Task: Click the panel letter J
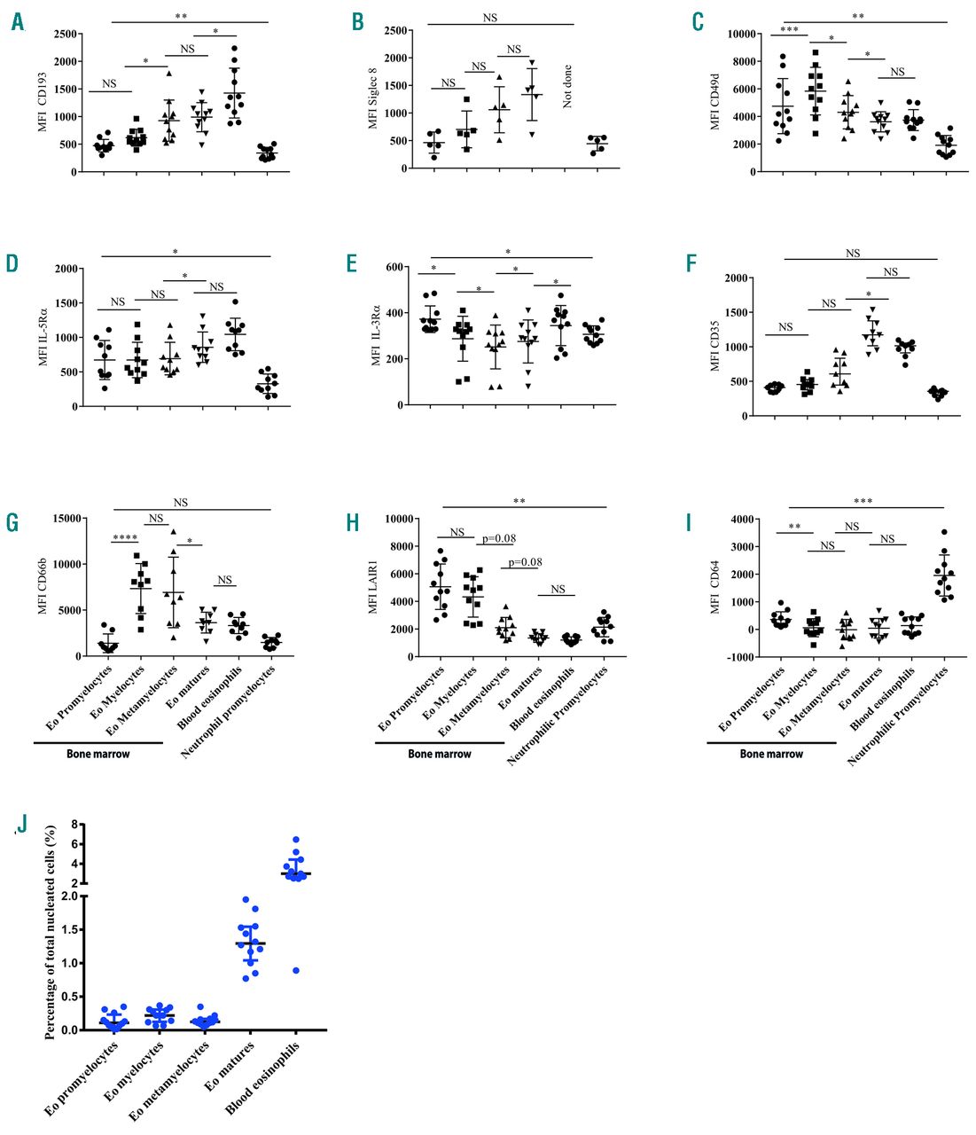(22, 824)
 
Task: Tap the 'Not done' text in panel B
(567, 86)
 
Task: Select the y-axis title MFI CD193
(42, 102)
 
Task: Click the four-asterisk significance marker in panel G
(125, 536)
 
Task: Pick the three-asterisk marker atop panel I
(863, 502)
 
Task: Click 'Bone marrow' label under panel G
(98, 754)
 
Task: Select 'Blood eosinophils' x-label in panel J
(263, 1076)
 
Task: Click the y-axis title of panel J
(51, 931)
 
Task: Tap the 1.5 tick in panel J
(74, 929)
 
